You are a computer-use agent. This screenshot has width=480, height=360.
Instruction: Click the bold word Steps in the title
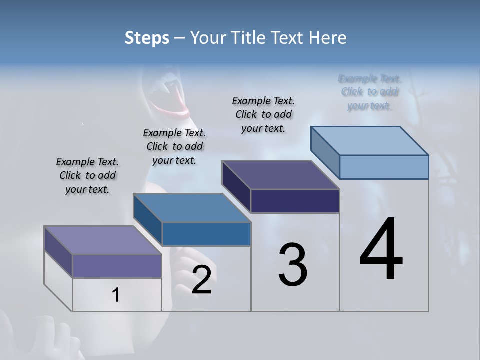click(147, 38)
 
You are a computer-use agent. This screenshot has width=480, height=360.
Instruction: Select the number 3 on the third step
click(292, 265)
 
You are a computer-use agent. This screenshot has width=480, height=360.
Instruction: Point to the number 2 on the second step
click(201, 280)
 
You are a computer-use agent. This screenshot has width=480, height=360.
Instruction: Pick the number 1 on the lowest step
click(116, 295)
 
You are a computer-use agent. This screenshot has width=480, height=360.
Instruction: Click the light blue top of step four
click(370, 140)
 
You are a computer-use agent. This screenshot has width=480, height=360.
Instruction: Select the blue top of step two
click(192, 208)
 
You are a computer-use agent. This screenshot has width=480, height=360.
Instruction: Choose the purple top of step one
click(103, 240)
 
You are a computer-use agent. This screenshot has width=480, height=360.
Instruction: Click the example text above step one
click(87, 175)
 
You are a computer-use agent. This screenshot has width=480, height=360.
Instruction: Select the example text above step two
click(174, 146)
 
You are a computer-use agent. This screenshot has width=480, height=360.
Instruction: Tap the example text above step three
click(263, 114)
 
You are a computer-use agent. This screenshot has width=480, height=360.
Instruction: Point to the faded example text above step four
click(370, 92)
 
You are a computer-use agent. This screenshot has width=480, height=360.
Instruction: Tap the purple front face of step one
click(117, 266)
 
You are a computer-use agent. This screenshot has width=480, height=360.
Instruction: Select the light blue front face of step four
click(384, 167)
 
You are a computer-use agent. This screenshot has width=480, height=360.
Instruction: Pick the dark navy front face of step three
click(295, 201)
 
